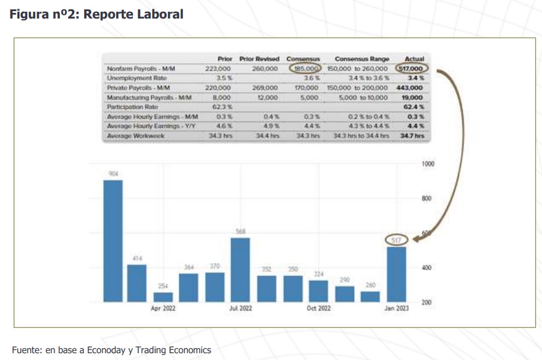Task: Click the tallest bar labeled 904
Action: pyautogui.click(x=112, y=241)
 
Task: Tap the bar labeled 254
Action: pyautogui.click(x=163, y=296)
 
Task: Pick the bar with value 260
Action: pyautogui.click(x=370, y=296)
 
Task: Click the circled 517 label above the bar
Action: pyautogui.click(x=396, y=240)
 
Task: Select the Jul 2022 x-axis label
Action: pyautogui.click(x=240, y=308)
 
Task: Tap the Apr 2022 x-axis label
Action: pyautogui.click(x=164, y=308)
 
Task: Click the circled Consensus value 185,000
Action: pyautogui.click(x=305, y=69)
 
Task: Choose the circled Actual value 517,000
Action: pyautogui.click(x=413, y=69)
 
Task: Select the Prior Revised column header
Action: pyautogui.click(x=260, y=59)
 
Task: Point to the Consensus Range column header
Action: pyautogui.click(x=362, y=59)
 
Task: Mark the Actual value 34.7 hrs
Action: pyautogui.click(x=412, y=135)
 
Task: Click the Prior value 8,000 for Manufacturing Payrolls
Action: pyautogui.click(x=221, y=97)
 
